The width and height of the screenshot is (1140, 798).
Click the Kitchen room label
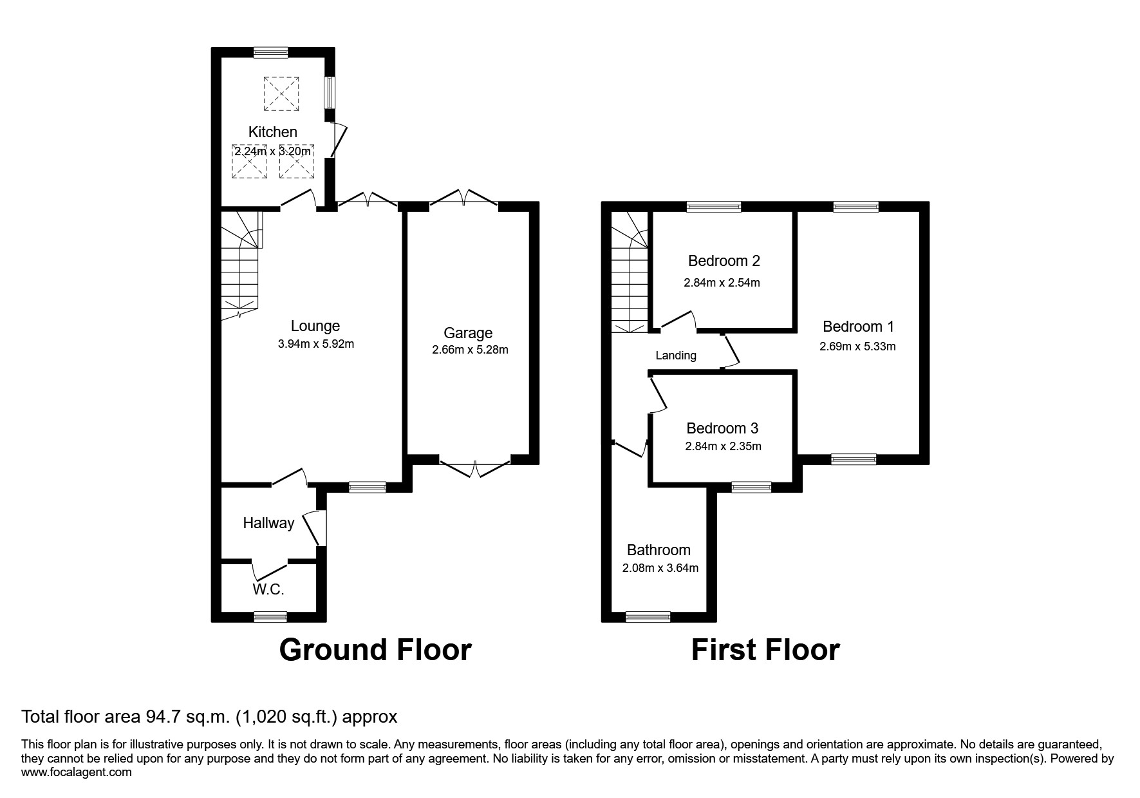tap(273, 132)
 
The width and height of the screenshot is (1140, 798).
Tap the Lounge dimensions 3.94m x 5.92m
tap(315, 344)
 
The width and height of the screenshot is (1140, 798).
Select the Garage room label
tap(468, 333)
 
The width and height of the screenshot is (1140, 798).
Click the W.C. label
tap(268, 589)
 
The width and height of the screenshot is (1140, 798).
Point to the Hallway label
tap(268, 523)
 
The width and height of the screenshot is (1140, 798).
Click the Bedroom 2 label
tap(724, 261)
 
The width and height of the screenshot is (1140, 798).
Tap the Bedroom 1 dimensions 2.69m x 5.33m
tap(857, 347)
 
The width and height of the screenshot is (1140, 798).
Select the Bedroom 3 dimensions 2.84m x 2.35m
tap(723, 446)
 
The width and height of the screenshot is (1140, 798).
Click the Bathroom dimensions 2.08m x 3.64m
tap(660, 568)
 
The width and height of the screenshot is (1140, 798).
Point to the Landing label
tap(676, 356)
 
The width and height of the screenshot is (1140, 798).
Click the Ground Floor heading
tap(375, 650)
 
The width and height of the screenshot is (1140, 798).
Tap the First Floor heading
tap(765, 650)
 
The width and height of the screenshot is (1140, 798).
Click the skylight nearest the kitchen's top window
tap(281, 93)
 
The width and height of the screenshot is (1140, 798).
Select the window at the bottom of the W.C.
tap(270, 616)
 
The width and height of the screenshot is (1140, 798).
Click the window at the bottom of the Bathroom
tap(648, 616)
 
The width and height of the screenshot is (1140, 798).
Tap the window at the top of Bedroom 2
tap(713, 207)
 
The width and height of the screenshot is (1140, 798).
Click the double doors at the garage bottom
tap(475, 468)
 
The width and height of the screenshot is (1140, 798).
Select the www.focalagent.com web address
tap(76, 772)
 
